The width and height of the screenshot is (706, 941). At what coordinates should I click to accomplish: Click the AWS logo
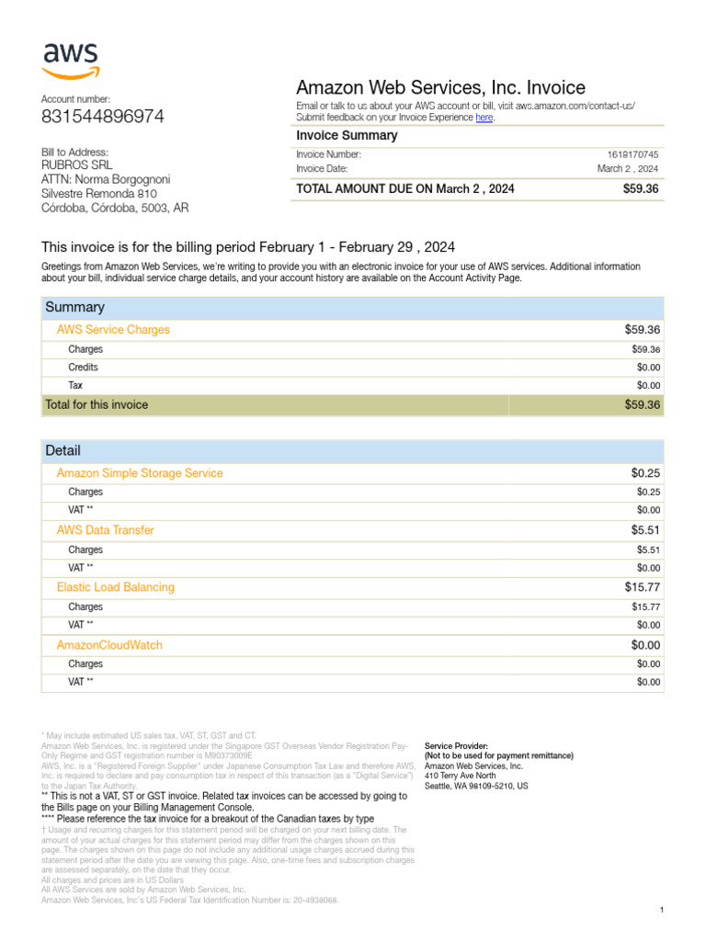71,61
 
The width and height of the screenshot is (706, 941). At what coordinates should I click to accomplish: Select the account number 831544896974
103,117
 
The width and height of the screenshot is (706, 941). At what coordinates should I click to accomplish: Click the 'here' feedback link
484,118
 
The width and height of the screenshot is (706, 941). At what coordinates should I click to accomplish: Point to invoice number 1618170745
632,155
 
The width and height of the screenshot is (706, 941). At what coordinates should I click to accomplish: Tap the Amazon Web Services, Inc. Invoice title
440,88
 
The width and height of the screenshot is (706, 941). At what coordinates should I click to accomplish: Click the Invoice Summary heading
347,136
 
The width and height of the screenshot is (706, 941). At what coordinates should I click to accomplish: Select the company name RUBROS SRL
77,165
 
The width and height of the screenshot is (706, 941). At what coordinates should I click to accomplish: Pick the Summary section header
74,307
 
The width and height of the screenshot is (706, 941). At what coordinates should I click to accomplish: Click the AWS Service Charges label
113,329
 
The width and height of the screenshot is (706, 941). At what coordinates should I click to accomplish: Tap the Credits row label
83,368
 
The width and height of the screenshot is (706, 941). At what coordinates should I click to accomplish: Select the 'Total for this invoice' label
97,404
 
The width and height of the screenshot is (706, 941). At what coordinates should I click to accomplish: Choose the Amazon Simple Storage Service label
140,473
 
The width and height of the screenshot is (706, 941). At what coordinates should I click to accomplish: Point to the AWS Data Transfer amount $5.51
645,530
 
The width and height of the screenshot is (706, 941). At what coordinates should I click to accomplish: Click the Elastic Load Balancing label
115,587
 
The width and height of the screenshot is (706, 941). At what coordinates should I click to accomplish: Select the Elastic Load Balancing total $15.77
643,587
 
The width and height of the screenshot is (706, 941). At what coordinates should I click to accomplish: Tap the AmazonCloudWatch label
109,645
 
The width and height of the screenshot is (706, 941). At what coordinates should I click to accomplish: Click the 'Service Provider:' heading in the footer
456,745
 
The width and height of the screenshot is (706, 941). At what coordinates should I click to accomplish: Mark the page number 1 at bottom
662,910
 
